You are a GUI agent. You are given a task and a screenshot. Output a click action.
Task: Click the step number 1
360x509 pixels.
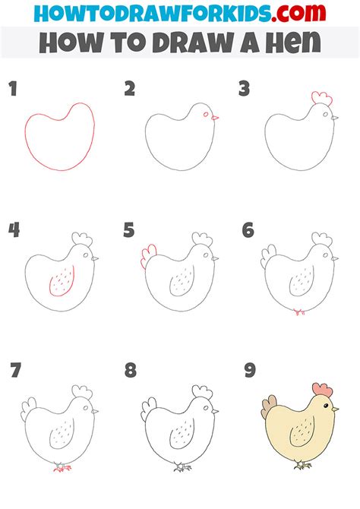tap(13, 89)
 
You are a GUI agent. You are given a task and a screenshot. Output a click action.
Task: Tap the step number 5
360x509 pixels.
tap(129, 230)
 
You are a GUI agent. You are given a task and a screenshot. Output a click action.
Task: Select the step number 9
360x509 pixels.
tap(250, 371)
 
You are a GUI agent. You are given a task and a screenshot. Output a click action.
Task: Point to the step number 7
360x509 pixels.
tap(15, 371)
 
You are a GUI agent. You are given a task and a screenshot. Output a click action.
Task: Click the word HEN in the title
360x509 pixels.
tap(293, 43)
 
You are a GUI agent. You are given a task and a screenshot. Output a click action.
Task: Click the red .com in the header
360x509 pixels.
tap(298, 13)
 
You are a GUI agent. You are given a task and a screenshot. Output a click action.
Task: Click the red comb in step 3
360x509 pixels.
tap(322, 98)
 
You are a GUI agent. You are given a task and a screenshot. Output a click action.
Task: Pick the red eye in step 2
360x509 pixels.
tap(206, 114)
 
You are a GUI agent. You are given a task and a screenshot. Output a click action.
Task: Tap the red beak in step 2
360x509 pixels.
tap(215, 118)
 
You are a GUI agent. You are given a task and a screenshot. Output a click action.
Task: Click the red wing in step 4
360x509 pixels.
tap(62, 281)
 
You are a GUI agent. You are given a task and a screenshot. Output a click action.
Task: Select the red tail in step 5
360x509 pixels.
tap(148, 257)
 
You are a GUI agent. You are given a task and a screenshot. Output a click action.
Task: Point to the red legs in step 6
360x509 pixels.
tap(299, 312)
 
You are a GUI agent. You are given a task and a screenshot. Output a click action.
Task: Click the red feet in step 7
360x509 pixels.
tap(62, 468)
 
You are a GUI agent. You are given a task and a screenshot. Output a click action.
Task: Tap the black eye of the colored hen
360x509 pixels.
tap(326, 406)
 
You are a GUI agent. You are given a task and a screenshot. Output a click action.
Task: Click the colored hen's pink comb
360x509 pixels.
tap(322, 390)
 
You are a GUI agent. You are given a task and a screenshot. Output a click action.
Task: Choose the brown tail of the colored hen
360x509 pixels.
tap(268, 406)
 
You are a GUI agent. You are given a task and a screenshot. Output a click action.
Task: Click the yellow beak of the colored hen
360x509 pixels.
tap(335, 409)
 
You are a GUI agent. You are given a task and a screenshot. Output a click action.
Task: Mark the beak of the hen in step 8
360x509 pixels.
tap(215, 411)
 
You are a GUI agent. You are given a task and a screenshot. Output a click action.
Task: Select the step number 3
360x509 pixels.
tap(244, 89)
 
